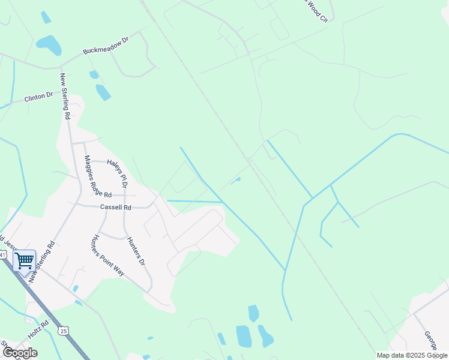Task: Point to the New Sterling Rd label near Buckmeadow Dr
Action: [65, 96]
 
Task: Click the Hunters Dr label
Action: [136, 251]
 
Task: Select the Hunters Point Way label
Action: [109, 254]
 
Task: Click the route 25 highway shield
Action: [63, 331]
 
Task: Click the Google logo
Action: [19, 352]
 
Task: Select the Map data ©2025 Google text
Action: [411, 355]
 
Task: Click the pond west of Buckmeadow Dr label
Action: [49, 44]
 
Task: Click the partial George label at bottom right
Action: [430, 340]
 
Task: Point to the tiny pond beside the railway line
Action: [236, 179]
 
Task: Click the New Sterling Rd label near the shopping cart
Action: [42, 260]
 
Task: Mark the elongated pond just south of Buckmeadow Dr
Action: [103, 92]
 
